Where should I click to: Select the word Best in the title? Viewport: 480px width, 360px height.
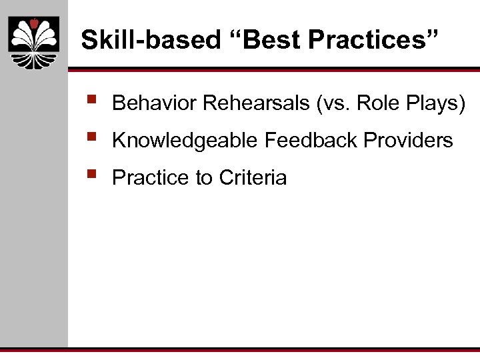[274, 40]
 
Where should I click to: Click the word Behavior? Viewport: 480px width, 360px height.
[155, 103]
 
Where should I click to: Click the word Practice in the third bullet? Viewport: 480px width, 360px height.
[151, 178]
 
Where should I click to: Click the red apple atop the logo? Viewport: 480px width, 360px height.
[33, 24]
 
